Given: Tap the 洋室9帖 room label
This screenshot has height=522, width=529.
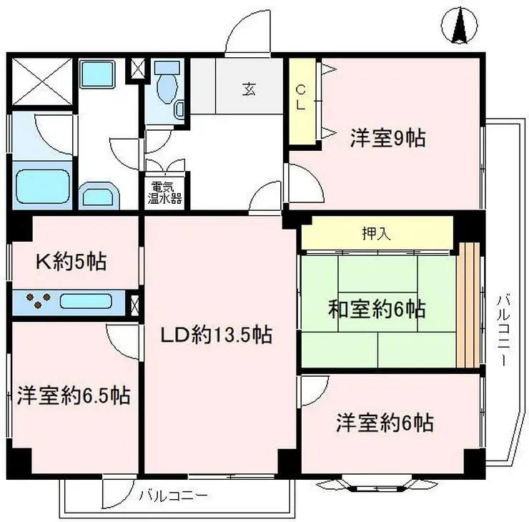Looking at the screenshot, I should [387, 137].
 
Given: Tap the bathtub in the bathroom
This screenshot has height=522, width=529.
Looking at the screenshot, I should [42, 185].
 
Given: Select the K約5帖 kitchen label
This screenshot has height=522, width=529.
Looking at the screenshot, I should [71, 262].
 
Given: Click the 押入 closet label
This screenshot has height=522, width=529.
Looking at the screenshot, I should [377, 233].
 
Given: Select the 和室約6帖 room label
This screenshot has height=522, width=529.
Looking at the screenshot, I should [377, 309].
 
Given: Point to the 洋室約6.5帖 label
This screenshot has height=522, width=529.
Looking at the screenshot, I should [74, 395].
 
